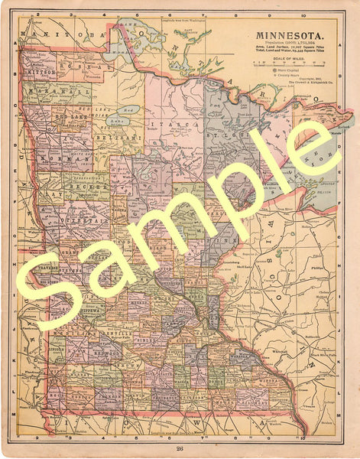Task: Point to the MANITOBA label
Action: [x=63, y=35]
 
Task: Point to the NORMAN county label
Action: [x=51, y=161]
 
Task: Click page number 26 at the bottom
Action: [x=180, y=448]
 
